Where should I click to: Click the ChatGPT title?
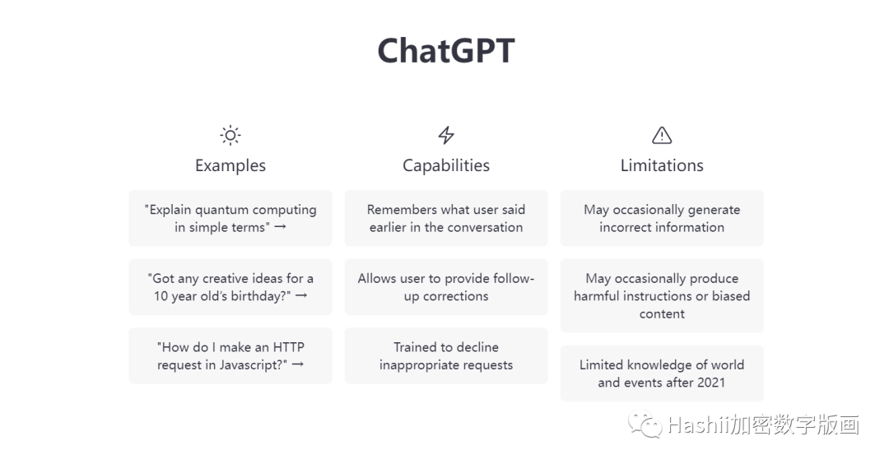click(x=445, y=51)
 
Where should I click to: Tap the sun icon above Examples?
click(x=230, y=135)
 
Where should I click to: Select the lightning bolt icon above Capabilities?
click(x=446, y=135)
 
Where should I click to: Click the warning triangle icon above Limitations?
click(x=662, y=135)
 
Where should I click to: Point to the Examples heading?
click(x=230, y=165)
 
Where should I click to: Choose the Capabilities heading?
click(x=446, y=165)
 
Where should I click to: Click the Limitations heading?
click(x=662, y=165)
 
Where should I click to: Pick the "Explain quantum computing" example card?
click(x=230, y=218)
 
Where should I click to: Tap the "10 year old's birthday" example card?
click(x=230, y=287)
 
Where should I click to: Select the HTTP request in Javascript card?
click(x=230, y=355)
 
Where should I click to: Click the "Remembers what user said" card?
click(x=446, y=218)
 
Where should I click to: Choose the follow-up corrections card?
click(x=446, y=287)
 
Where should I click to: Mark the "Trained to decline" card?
click(x=446, y=355)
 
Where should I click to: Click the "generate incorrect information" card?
click(x=662, y=218)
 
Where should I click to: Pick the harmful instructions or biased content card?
click(x=662, y=296)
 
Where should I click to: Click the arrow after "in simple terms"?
click(x=280, y=227)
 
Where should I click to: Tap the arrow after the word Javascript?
click(x=297, y=364)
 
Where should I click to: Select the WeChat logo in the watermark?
click(x=645, y=425)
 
